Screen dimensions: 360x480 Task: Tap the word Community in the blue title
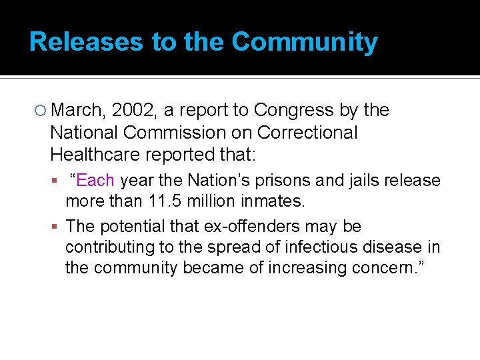(305, 42)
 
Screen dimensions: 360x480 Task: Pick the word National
(86, 133)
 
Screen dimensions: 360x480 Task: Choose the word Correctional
(307, 133)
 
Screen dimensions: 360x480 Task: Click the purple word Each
(95, 181)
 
